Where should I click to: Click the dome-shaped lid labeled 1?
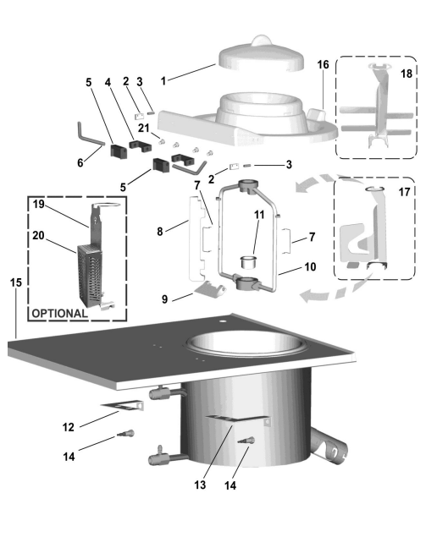tap(262, 55)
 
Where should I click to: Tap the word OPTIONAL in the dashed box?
tap(59, 314)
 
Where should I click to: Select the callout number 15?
tap(16, 283)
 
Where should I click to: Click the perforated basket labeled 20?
tap(90, 274)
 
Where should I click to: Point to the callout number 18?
tap(407, 74)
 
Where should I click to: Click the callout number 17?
tap(404, 192)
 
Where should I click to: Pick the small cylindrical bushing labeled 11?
tap(248, 262)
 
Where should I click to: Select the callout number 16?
tap(323, 64)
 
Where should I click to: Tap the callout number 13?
tap(200, 485)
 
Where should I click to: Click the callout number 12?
tap(69, 427)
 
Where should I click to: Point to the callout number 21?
tap(144, 128)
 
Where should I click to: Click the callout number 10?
tap(310, 266)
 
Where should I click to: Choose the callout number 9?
tap(164, 299)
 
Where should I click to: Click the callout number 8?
tap(160, 232)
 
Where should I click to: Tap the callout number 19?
tap(38, 205)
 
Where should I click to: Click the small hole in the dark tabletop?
tap(224, 321)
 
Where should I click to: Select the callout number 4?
tap(108, 83)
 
